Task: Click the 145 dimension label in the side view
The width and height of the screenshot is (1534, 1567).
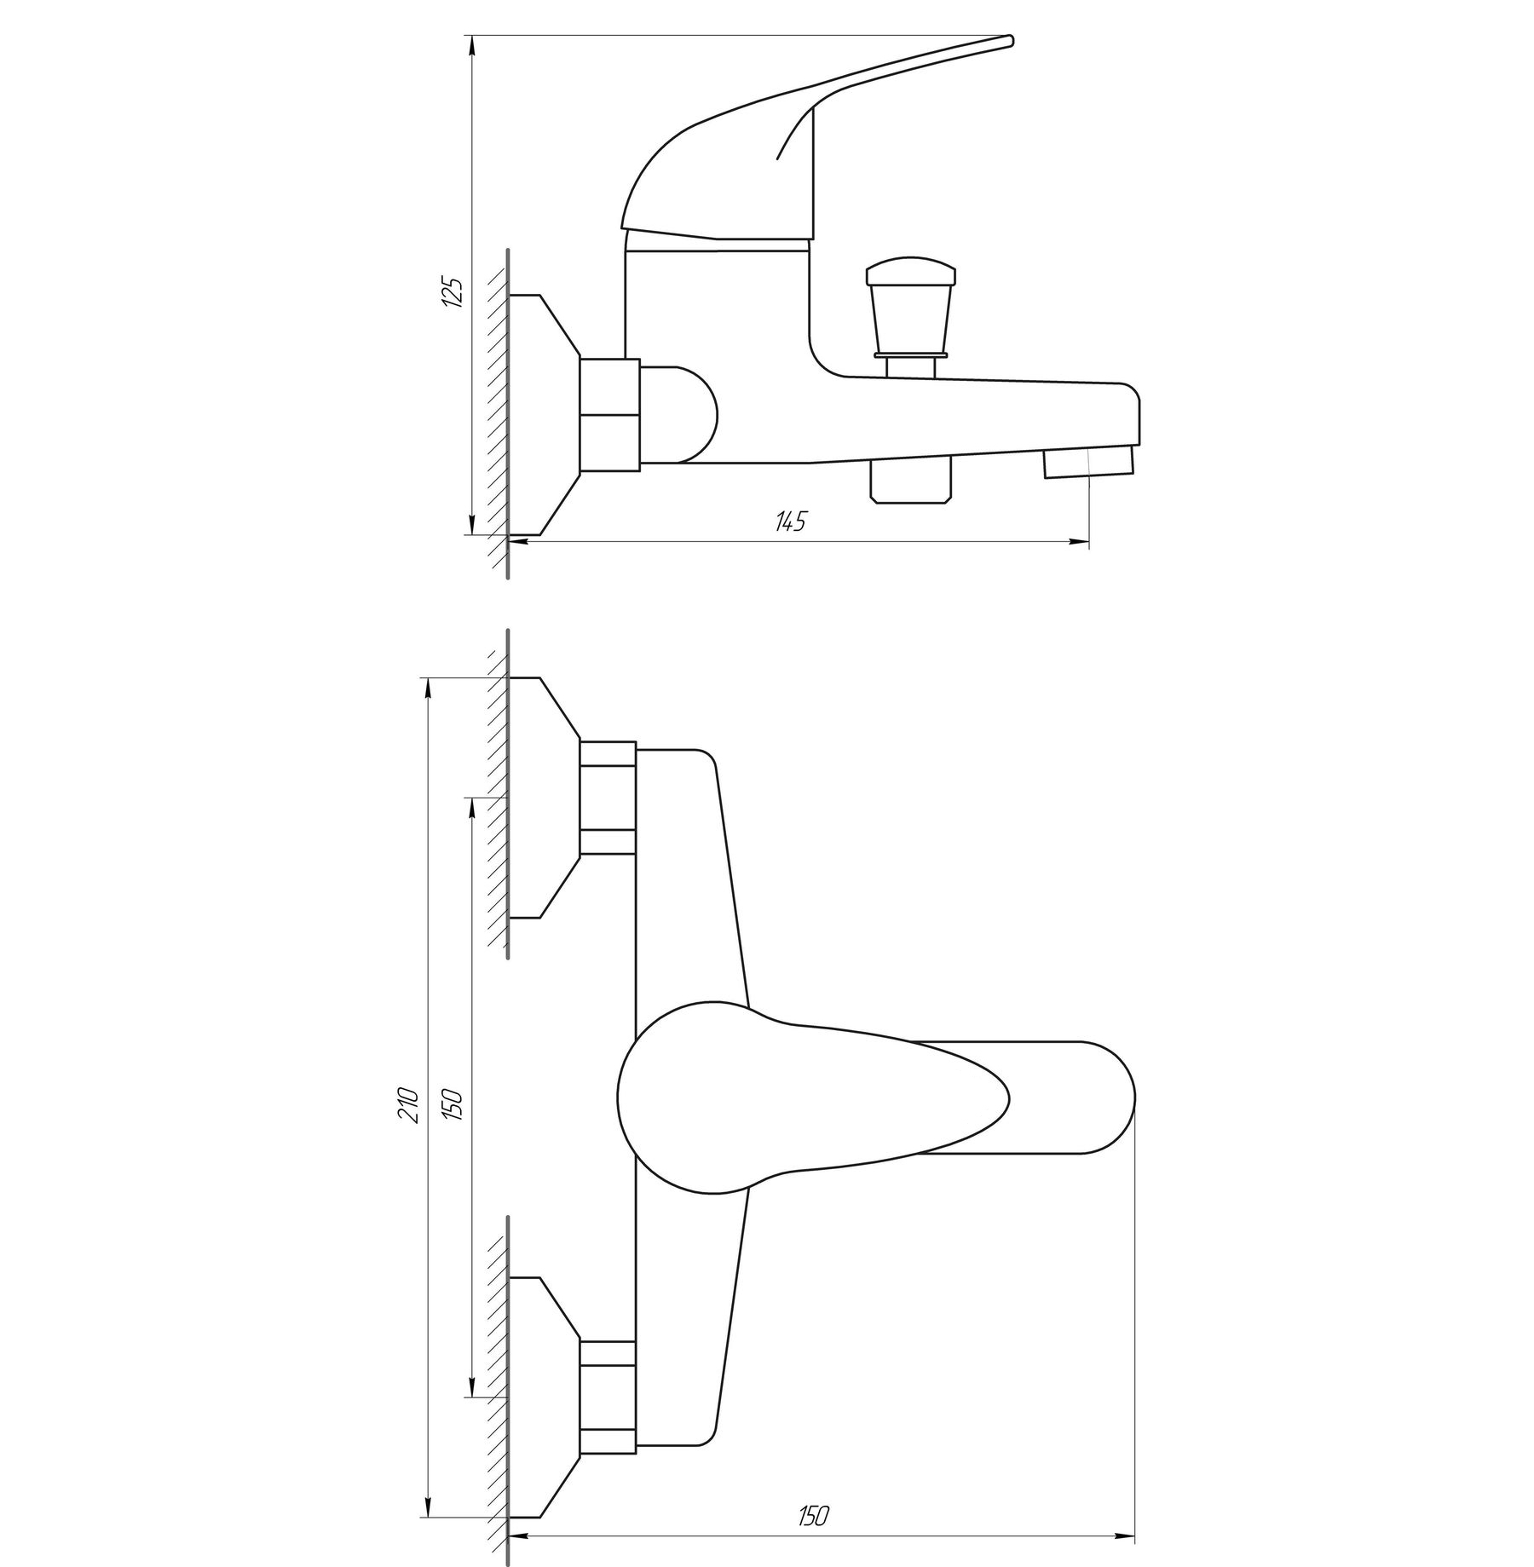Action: (x=790, y=521)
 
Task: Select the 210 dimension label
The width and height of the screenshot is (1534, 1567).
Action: (x=410, y=1104)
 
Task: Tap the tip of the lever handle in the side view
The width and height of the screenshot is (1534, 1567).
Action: (x=1010, y=39)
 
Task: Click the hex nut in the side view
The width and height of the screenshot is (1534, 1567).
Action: (x=609, y=414)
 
